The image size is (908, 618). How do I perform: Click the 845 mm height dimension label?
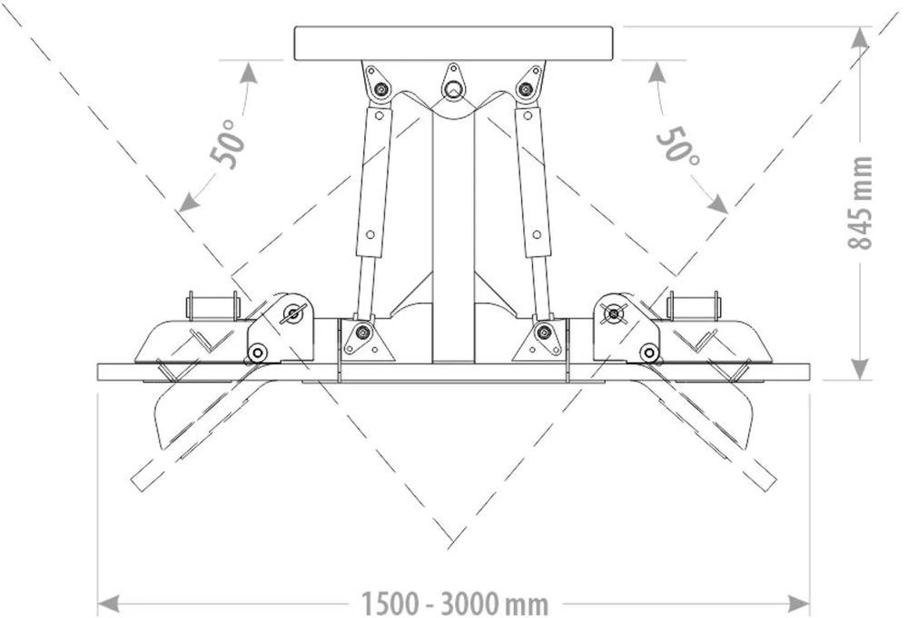point(860,203)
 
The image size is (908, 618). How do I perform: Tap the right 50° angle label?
point(677,143)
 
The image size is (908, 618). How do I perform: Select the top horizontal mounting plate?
point(454,43)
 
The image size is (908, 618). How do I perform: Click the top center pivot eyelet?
point(452,86)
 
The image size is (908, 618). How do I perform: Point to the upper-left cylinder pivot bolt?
point(381,89)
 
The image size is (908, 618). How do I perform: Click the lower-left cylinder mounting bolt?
point(363,333)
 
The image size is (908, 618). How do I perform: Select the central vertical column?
point(453,236)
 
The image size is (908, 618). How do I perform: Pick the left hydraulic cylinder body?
point(374,182)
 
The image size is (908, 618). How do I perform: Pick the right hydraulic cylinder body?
point(532,182)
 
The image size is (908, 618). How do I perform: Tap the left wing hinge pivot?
point(291,314)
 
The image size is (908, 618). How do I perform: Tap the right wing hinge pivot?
point(617,314)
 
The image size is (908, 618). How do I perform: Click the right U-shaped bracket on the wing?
point(694,307)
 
